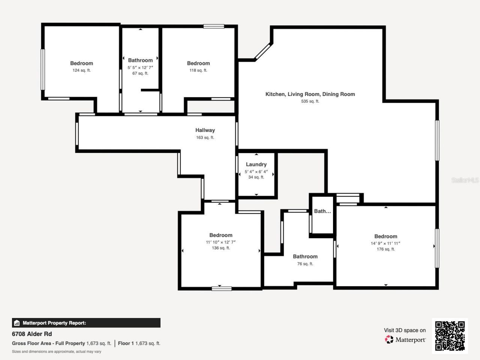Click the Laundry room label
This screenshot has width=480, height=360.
pos(256,164)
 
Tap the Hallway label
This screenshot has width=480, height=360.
pos(205,130)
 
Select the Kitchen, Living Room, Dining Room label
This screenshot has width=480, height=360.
pos(310,94)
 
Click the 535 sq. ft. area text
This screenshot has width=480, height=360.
pos(310,101)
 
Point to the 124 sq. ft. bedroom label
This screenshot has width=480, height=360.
pos(81,63)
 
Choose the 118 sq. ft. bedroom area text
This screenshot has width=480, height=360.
pos(198,70)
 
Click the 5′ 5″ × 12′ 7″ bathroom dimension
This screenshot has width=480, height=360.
pos(140,67)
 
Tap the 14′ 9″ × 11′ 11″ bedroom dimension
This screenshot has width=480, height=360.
pos(385,243)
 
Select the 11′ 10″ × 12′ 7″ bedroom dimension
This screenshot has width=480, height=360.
pos(220,242)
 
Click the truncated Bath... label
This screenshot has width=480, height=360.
pos(322,211)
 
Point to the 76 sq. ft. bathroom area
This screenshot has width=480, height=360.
pos(305,264)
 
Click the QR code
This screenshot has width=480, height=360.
pos(450,336)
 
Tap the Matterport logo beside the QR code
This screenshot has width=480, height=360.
pos(405,340)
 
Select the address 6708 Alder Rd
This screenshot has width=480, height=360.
pos(32,334)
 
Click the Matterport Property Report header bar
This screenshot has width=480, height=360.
pos(86,323)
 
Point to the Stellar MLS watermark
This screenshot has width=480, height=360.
pos(465,180)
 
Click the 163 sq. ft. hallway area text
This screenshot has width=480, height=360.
pos(205,138)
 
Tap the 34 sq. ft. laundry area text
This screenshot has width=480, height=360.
pos(256,177)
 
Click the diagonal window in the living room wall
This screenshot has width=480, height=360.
pos(262,52)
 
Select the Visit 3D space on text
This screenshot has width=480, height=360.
pos(405,330)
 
